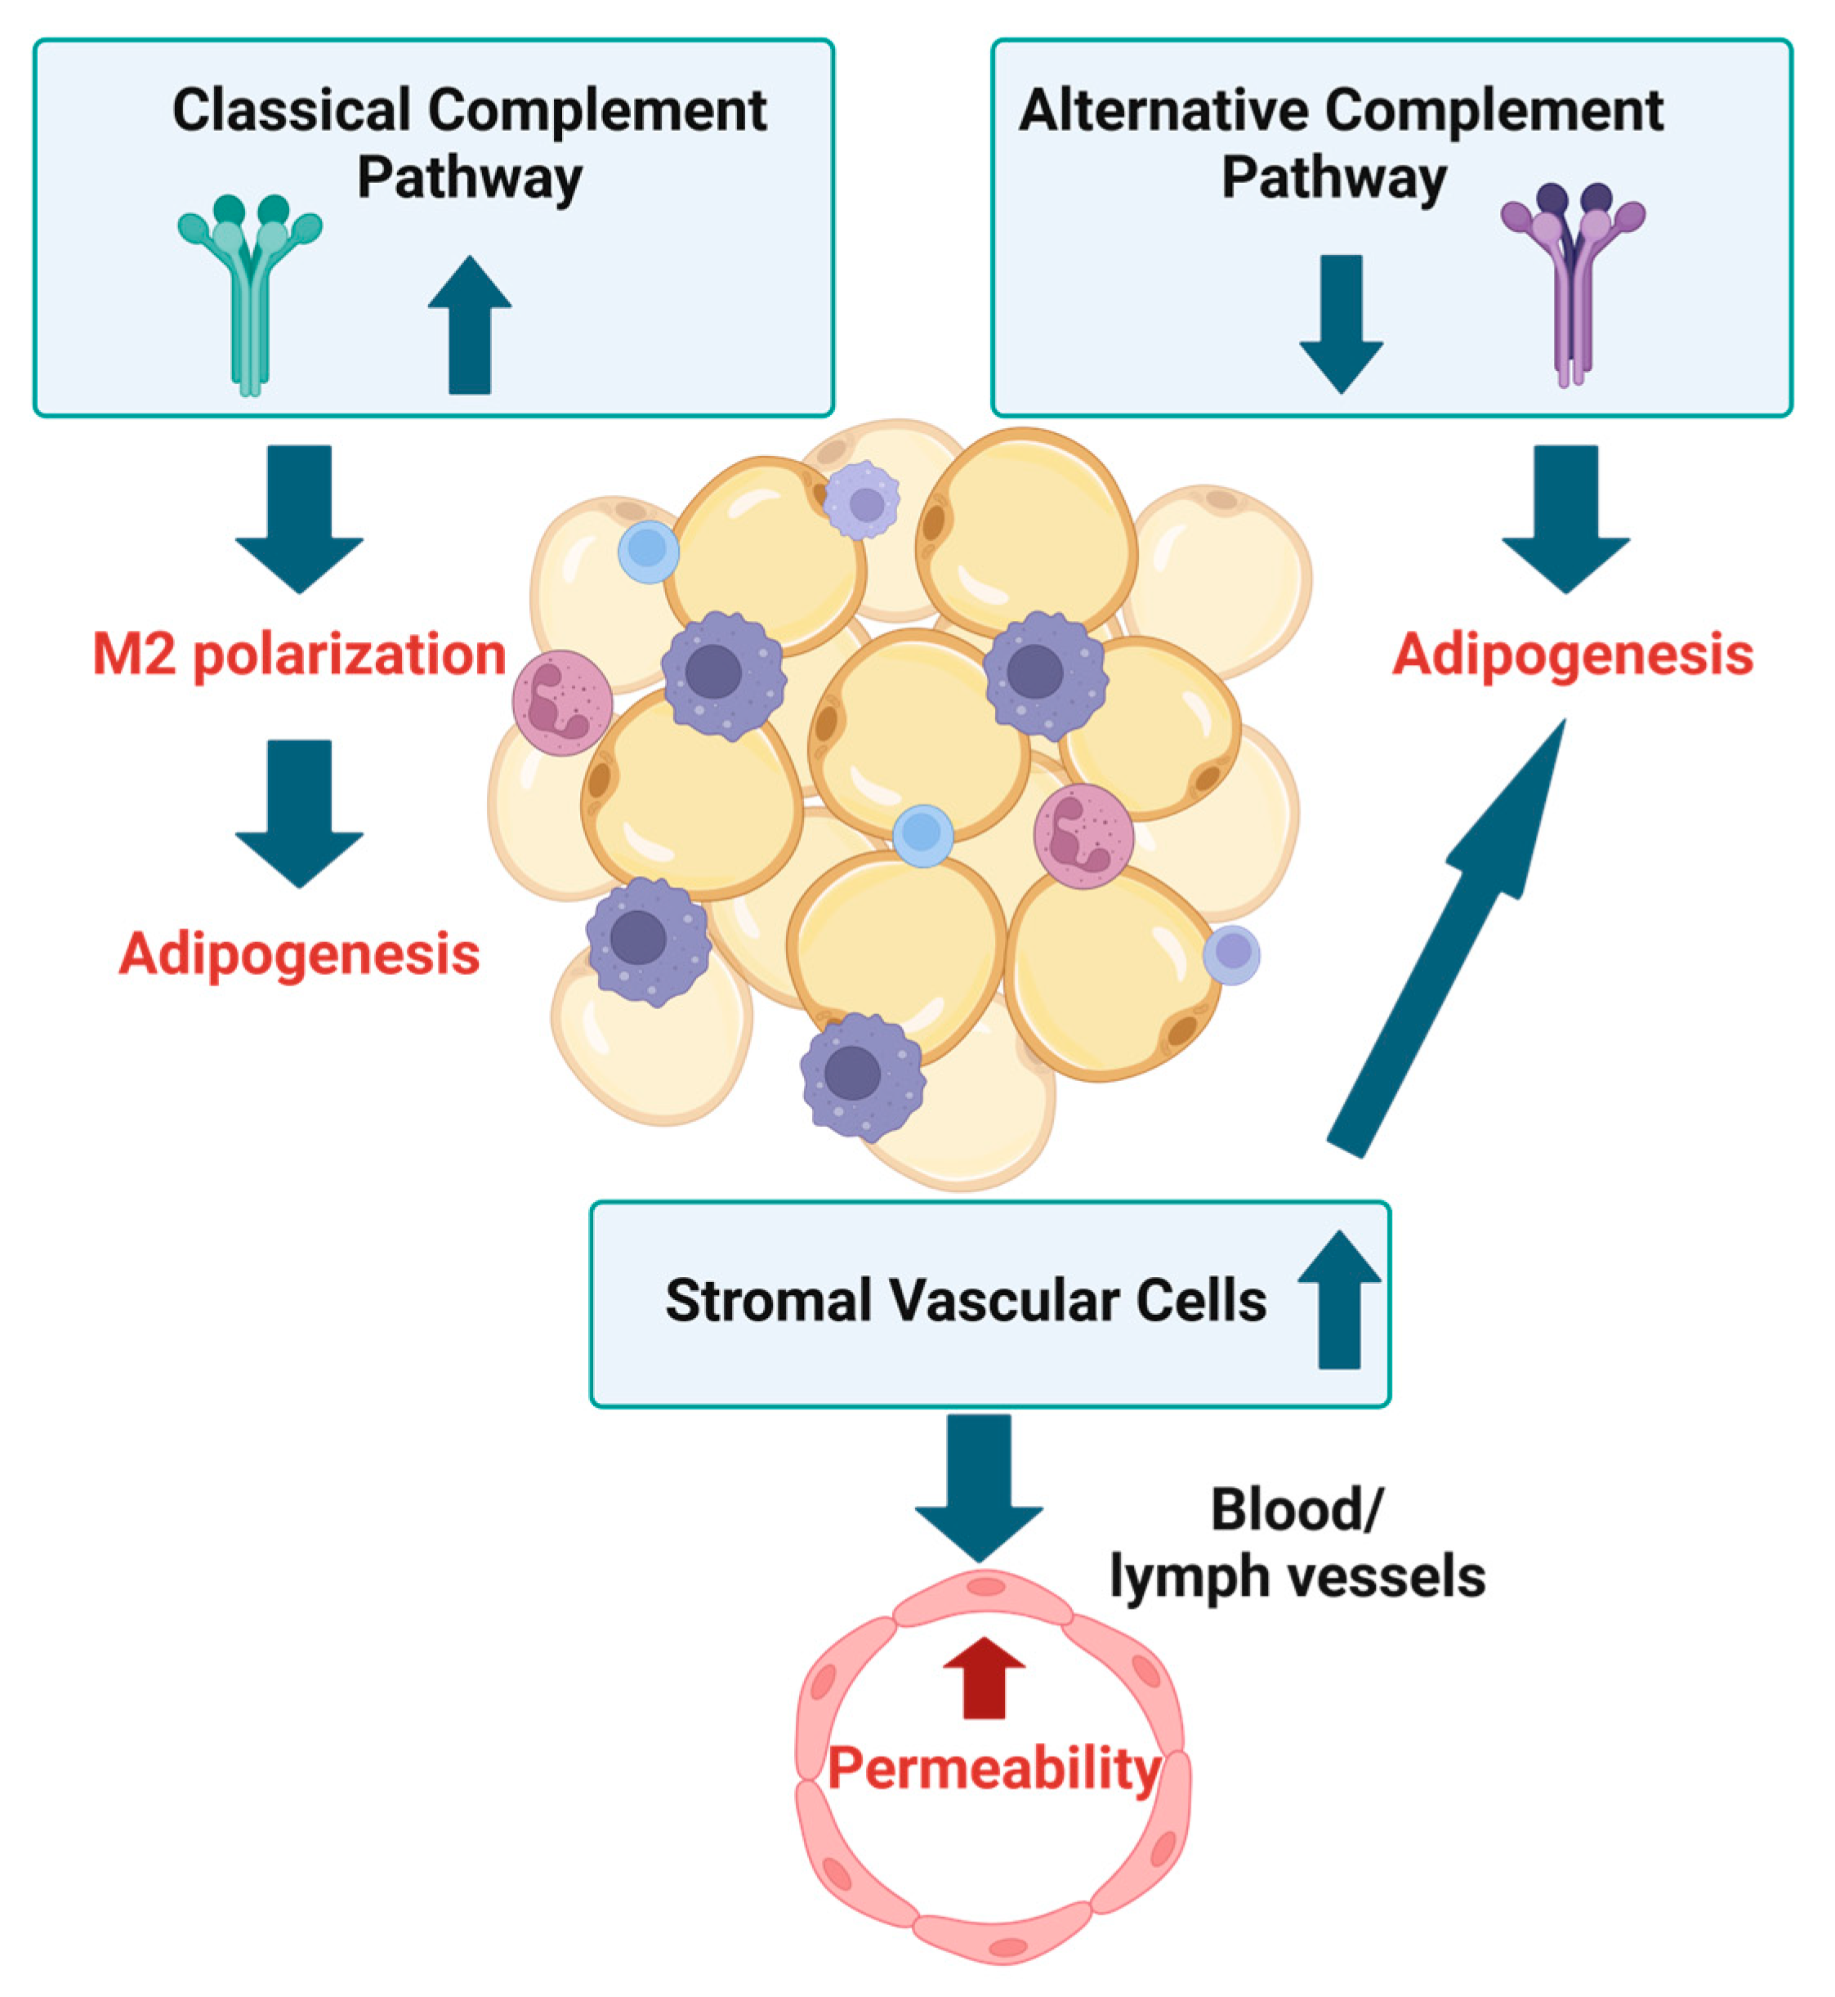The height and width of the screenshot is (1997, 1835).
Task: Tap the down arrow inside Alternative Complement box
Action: click(1341, 323)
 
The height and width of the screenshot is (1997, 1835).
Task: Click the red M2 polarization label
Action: click(299, 655)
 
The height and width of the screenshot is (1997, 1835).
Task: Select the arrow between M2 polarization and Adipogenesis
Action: click(299, 812)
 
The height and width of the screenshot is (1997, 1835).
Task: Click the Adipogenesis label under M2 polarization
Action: click(299, 954)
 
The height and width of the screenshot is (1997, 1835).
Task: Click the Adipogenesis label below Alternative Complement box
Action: click(1572, 655)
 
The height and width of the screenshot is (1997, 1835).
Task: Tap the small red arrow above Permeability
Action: click(983, 1678)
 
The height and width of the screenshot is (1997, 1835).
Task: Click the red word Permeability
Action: click(993, 1768)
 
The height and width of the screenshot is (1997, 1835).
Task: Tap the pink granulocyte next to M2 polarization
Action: click(562, 702)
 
